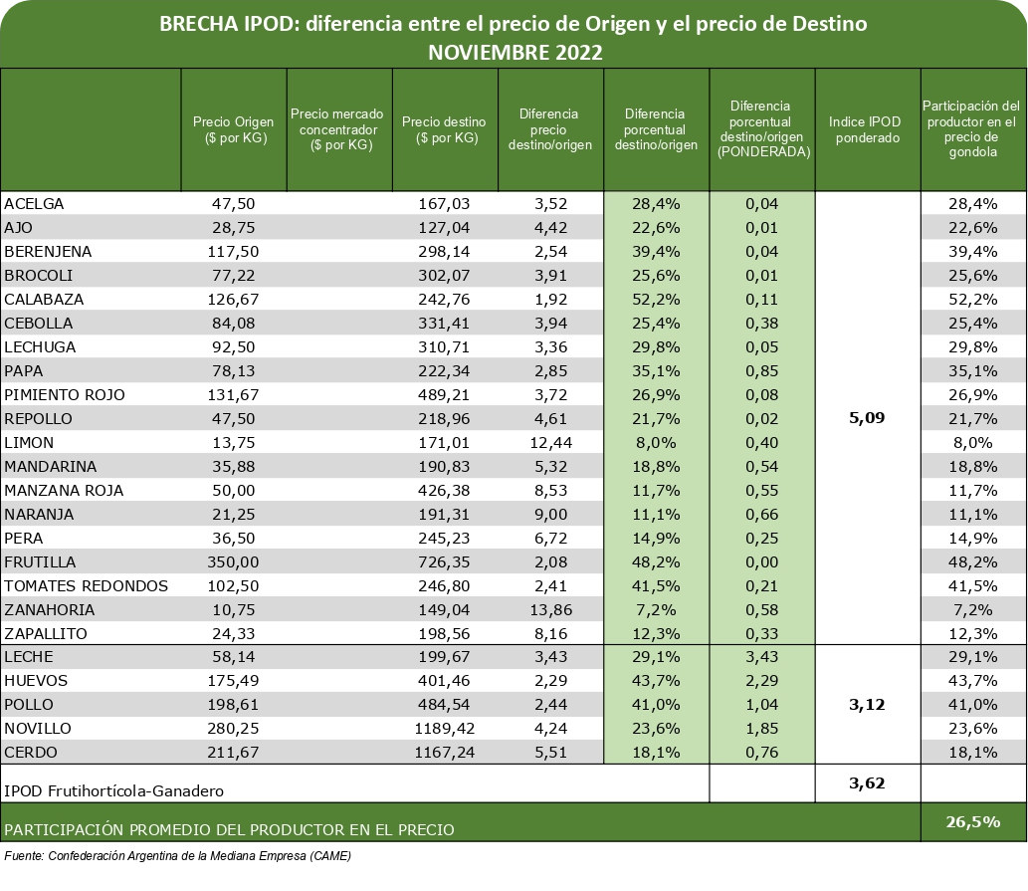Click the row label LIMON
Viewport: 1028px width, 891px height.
pyautogui.click(x=29, y=443)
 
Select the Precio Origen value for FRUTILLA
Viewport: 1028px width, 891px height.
pyautogui.click(x=234, y=561)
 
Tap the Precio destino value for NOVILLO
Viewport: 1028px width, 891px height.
pyautogui.click(x=445, y=729)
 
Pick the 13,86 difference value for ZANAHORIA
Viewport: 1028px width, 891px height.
pyautogui.click(x=550, y=609)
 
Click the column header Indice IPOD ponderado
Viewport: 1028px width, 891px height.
pyautogui.click(x=868, y=129)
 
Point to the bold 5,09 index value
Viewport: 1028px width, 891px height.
pyautogui.click(x=867, y=418)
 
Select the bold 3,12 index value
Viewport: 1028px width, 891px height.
pyautogui.click(x=867, y=705)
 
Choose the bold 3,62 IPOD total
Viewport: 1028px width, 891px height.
pyautogui.click(x=867, y=782)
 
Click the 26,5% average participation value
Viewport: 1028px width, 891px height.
pyautogui.click(x=973, y=821)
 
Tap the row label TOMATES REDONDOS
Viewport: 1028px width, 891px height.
pyautogui.click(x=86, y=586)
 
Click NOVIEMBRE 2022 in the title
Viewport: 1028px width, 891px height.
pyautogui.click(x=515, y=53)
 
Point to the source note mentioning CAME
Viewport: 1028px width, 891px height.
pyautogui.click(x=178, y=855)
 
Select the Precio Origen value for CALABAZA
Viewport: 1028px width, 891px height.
pyautogui.click(x=234, y=300)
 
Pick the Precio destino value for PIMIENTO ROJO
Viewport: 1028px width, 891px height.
pyautogui.click(x=445, y=394)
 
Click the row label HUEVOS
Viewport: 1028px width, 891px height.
pyautogui.click(x=36, y=681)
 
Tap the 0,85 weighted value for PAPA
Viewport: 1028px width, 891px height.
pyautogui.click(x=762, y=371)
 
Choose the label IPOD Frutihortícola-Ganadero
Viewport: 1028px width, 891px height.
pyautogui.click(x=114, y=790)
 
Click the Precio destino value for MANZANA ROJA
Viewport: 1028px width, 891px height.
pyautogui.click(x=445, y=491)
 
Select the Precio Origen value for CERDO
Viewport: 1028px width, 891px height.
pyautogui.click(x=234, y=752)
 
